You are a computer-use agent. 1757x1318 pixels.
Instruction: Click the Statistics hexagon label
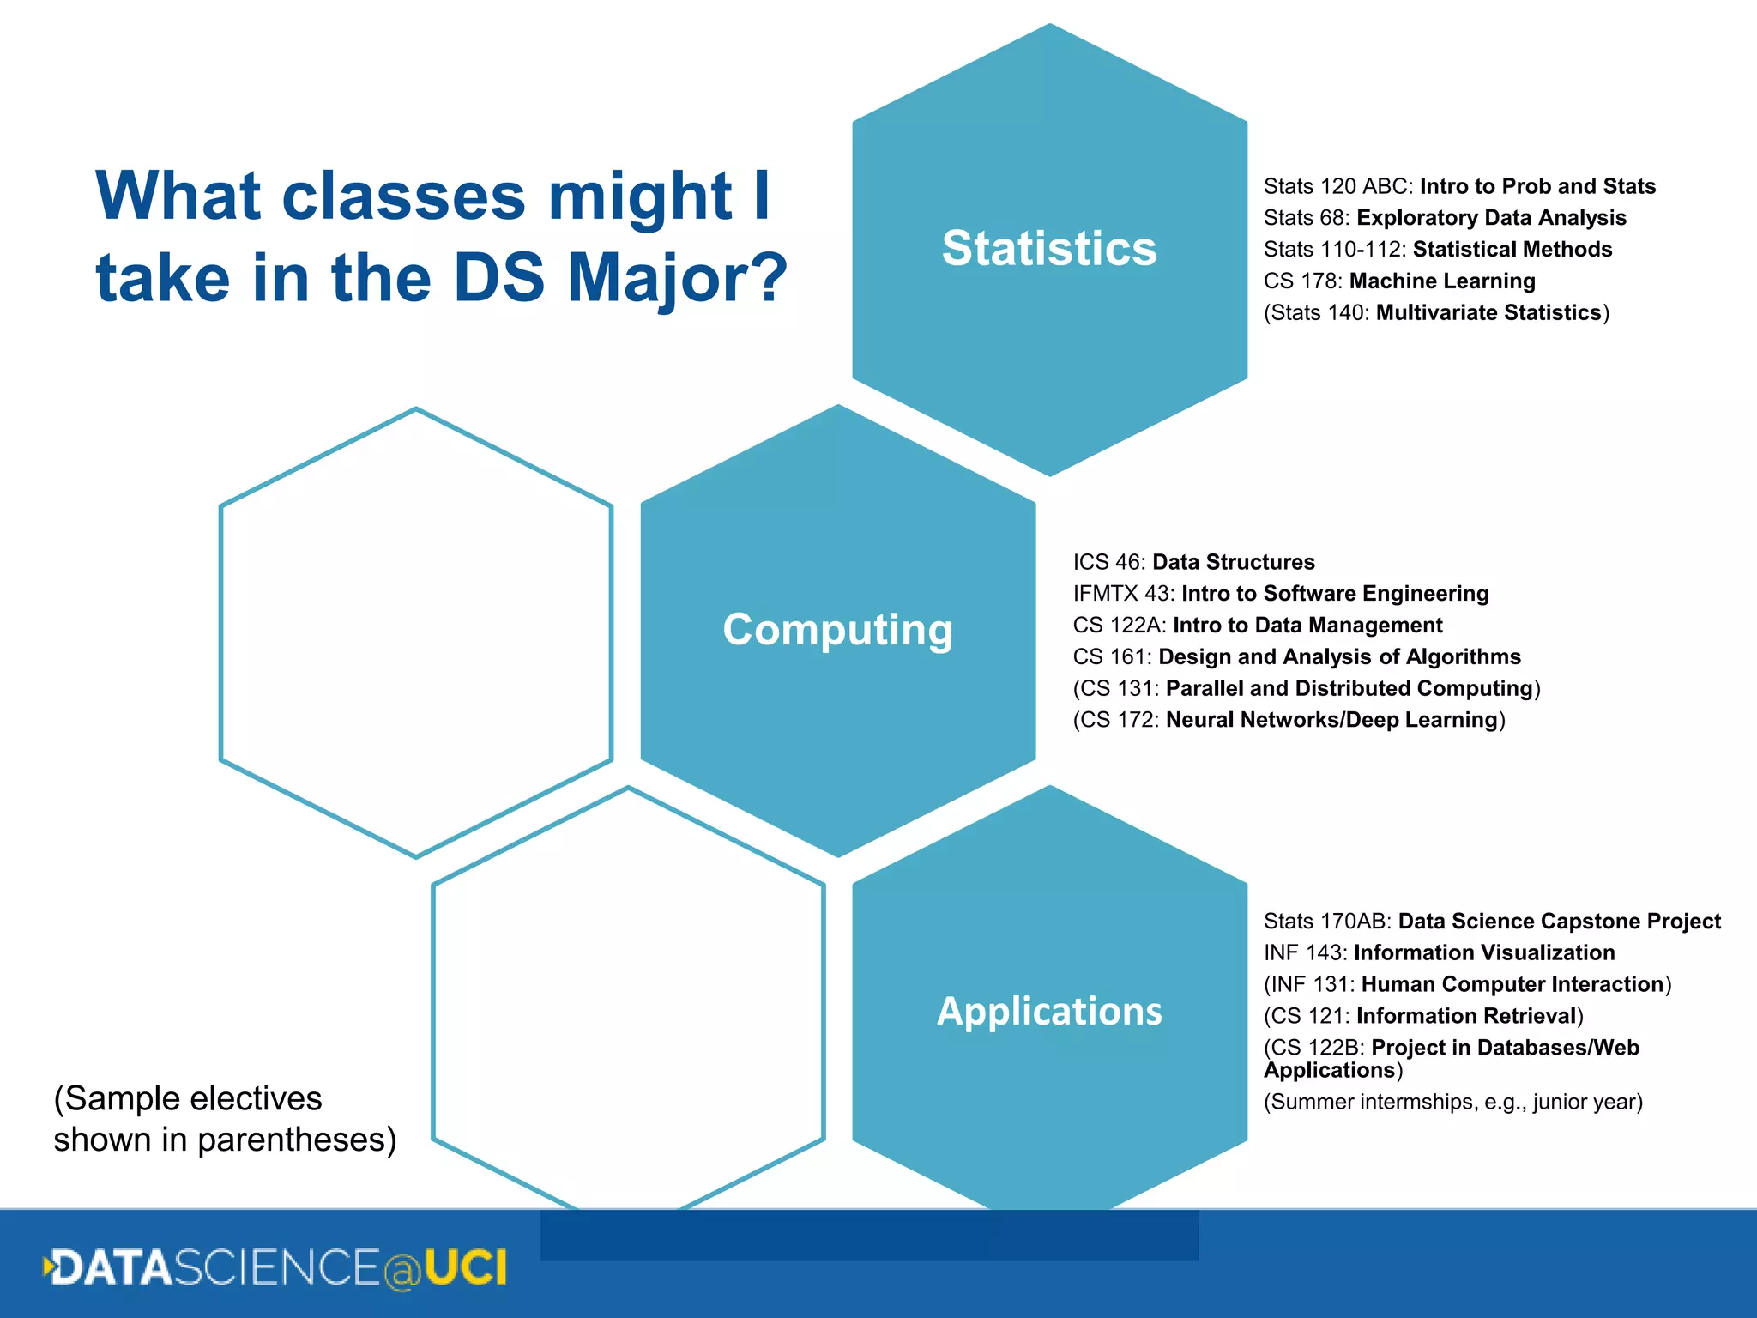[x=1048, y=249]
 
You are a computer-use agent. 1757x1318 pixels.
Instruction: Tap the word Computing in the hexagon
[x=837, y=630]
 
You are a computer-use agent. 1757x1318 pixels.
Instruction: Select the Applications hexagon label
[x=1048, y=1011]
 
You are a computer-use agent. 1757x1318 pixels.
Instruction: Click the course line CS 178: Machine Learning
[x=1398, y=281]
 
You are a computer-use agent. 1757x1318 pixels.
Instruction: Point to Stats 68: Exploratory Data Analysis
[x=1444, y=218]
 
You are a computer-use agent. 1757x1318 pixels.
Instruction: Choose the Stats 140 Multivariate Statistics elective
[x=1435, y=312]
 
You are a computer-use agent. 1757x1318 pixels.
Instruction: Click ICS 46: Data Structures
[x=1192, y=562]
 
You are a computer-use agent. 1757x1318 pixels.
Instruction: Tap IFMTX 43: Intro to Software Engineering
[x=1280, y=594]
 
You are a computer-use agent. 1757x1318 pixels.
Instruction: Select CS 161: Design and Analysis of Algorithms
[x=1295, y=656]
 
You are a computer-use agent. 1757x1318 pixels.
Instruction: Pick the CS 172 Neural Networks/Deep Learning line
[x=1288, y=720]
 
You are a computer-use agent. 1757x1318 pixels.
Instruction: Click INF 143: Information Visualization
[x=1438, y=952]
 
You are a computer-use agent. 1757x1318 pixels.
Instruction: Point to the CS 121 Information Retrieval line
[x=1422, y=1016]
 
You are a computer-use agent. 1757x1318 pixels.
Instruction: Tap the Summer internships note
[x=1452, y=1102]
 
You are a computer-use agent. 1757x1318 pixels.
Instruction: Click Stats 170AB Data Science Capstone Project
[x=1491, y=922]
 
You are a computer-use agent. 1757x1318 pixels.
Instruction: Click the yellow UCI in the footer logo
[x=465, y=1268]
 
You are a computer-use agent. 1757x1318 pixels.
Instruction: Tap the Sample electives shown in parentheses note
[x=225, y=1119]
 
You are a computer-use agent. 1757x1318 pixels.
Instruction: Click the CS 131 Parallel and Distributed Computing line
[x=1306, y=688]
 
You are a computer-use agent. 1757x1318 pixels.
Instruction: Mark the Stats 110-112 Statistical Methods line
[x=1437, y=250]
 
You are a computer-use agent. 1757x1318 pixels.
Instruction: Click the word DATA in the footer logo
[x=112, y=1268]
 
